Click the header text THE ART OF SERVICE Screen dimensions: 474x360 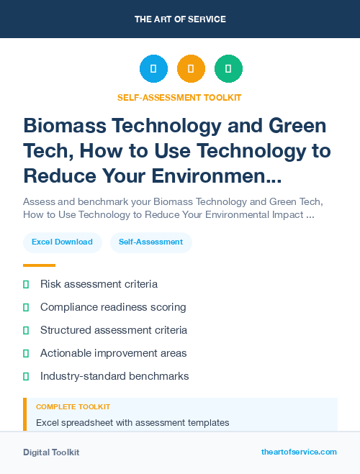point(180,19)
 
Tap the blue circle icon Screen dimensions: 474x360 point(153,69)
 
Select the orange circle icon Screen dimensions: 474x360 point(191,69)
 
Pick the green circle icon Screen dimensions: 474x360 point(228,69)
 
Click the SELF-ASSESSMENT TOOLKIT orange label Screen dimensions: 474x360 point(179,97)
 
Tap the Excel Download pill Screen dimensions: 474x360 point(62,242)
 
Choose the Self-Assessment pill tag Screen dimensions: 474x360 point(150,242)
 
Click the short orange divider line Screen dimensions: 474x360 point(39,265)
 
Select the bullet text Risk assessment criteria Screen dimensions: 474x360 point(99,284)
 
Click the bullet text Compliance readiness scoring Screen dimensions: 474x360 point(113,307)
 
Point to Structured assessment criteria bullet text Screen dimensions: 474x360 point(114,330)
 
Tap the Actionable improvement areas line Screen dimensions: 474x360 point(114,353)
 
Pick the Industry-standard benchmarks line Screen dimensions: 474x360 point(114,376)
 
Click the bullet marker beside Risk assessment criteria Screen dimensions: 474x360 point(26,284)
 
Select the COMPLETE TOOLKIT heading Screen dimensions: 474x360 point(73,407)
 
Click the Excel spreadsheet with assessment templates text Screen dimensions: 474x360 point(132,422)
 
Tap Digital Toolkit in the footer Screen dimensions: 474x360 point(51,452)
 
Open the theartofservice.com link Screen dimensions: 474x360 point(299,452)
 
